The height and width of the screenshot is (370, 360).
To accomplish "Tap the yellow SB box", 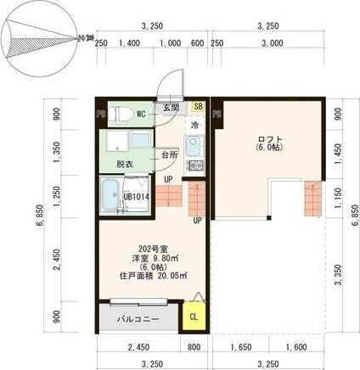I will [198, 106].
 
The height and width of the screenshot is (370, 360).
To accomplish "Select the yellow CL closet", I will [194, 317].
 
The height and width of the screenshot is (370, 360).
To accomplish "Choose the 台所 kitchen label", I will [169, 155].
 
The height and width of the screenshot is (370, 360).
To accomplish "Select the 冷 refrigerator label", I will [194, 125].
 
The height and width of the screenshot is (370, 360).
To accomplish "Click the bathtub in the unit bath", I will [110, 197].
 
